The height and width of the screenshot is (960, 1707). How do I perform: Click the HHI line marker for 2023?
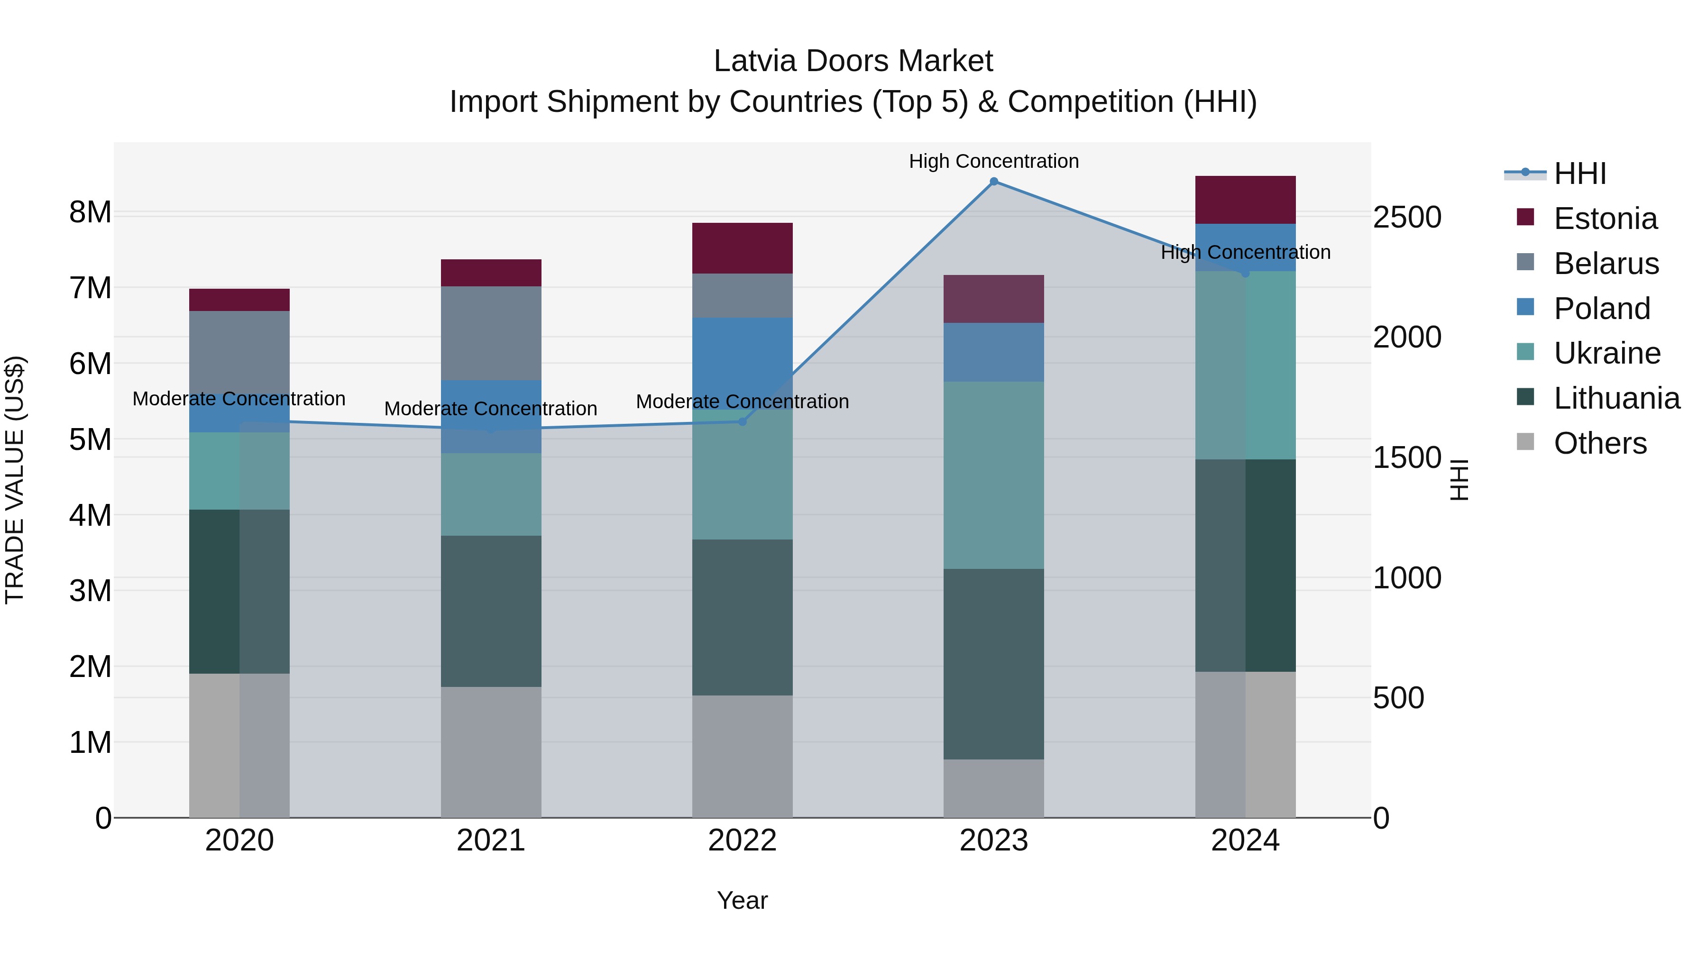click(x=993, y=182)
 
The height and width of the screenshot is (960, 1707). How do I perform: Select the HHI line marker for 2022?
click(x=742, y=421)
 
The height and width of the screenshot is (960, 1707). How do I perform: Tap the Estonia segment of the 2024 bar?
click(x=1245, y=200)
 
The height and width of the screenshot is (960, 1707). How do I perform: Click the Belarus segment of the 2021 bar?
click(x=491, y=333)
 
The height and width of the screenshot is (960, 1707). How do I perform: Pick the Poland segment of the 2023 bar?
click(x=993, y=352)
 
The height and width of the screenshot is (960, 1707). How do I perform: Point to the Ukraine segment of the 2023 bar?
click(x=993, y=475)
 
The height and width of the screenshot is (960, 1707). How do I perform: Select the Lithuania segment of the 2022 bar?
click(x=742, y=617)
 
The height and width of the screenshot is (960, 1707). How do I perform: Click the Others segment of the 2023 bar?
click(x=993, y=788)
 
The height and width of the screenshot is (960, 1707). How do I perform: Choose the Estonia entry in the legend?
click(x=1605, y=219)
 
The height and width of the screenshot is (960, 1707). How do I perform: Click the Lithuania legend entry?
click(x=1616, y=398)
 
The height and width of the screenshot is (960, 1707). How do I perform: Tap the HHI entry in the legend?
click(x=1580, y=174)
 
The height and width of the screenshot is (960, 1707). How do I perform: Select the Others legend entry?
click(x=1600, y=443)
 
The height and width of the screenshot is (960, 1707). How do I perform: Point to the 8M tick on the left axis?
click(x=90, y=212)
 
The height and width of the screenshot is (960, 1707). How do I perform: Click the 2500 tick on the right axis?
click(x=1407, y=217)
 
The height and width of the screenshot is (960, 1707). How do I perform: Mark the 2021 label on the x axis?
click(x=491, y=841)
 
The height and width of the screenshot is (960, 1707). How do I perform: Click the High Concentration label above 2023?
click(x=993, y=161)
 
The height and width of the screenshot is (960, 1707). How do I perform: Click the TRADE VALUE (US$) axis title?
click(x=15, y=480)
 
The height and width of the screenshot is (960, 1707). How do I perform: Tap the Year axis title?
click(x=742, y=900)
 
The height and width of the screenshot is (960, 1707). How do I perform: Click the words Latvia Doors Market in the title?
click(x=853, y=61)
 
